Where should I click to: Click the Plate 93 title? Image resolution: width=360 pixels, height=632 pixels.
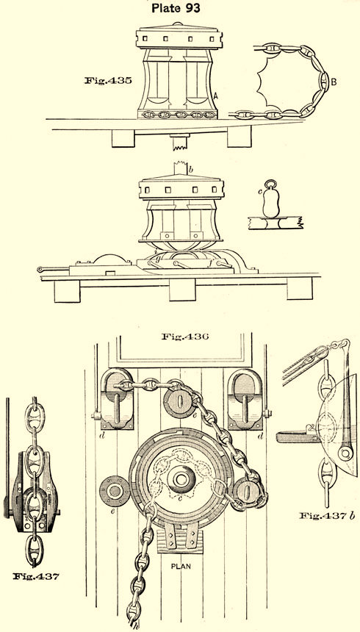[x=176, y=8]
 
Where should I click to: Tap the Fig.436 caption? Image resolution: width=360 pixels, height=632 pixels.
[x=185, y=336]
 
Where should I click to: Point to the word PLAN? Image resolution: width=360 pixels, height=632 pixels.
[x=181, y=567]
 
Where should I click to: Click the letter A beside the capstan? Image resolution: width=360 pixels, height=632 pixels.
[x=216, y=96]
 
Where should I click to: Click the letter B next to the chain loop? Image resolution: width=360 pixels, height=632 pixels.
[x=334, y=82]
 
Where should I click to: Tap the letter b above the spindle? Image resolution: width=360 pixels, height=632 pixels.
[x=191, y=169]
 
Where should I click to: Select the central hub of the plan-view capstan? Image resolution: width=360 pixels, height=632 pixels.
[x=181, y=479]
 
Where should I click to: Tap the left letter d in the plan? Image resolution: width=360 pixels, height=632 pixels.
[x=103, y=434]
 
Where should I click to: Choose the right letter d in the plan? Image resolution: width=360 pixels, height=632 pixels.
[x=262, y=434]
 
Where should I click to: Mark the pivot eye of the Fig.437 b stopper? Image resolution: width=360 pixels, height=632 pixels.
[x=345, y=454]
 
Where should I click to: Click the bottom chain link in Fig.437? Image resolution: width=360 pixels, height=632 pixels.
[x=35, y=550]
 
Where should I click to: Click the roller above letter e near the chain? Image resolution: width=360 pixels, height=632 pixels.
[x=179, y=402]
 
